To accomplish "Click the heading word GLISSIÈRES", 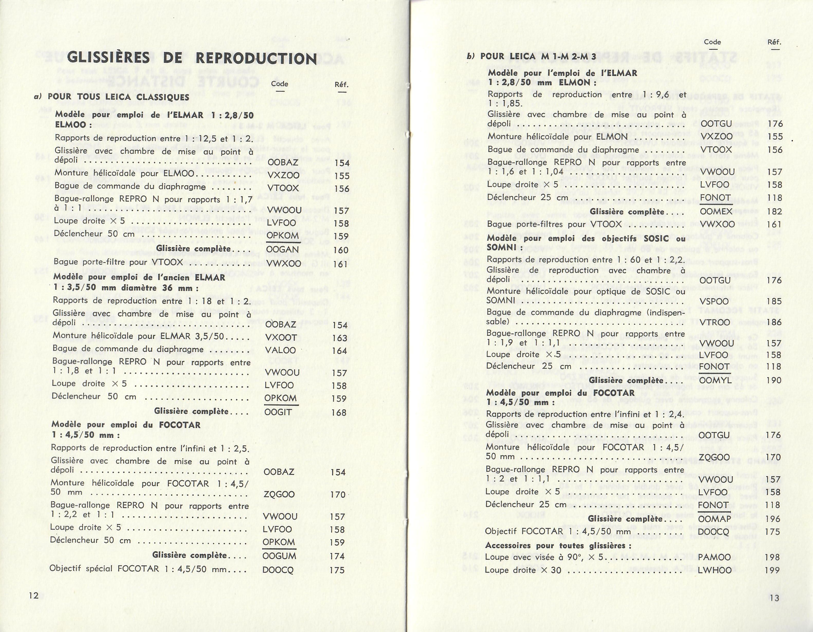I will coord(108,58).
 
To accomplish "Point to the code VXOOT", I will coord(281,338).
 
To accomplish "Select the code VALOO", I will coord(280,350).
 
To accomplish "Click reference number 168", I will coord(339,413).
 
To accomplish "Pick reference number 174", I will coord(337,556).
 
